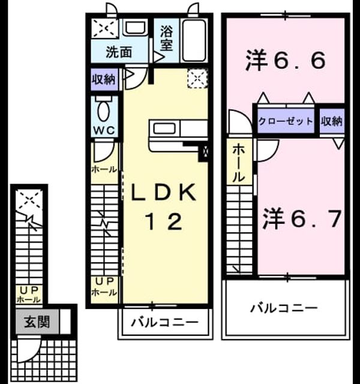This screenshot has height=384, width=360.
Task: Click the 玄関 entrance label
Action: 37,322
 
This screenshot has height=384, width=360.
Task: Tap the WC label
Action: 104,130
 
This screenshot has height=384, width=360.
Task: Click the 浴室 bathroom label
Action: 167,38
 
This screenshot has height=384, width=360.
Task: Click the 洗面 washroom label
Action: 119,52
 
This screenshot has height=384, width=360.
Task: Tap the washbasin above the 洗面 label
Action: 135,28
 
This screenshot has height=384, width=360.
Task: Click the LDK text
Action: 164,193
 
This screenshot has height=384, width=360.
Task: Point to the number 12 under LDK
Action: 164,221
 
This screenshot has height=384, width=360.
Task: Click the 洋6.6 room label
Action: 286,60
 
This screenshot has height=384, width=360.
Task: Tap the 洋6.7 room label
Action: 302,218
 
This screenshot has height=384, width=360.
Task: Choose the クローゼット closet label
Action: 286,121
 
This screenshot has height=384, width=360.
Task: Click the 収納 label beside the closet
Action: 332,121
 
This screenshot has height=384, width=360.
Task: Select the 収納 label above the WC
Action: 104,79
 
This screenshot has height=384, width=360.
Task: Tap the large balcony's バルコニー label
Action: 284,308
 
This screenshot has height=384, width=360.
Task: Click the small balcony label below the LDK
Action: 164,322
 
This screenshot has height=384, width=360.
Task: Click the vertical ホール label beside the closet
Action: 239,163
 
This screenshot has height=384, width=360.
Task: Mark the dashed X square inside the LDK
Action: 197,78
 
